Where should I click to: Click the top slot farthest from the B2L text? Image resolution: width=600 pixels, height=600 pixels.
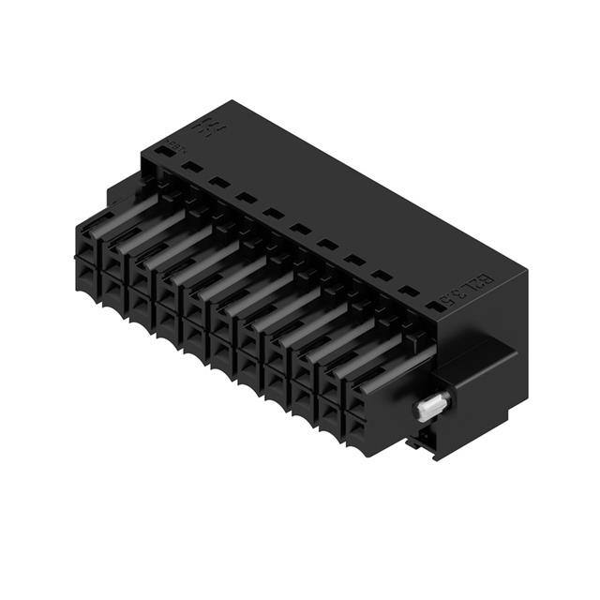point(191,167)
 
